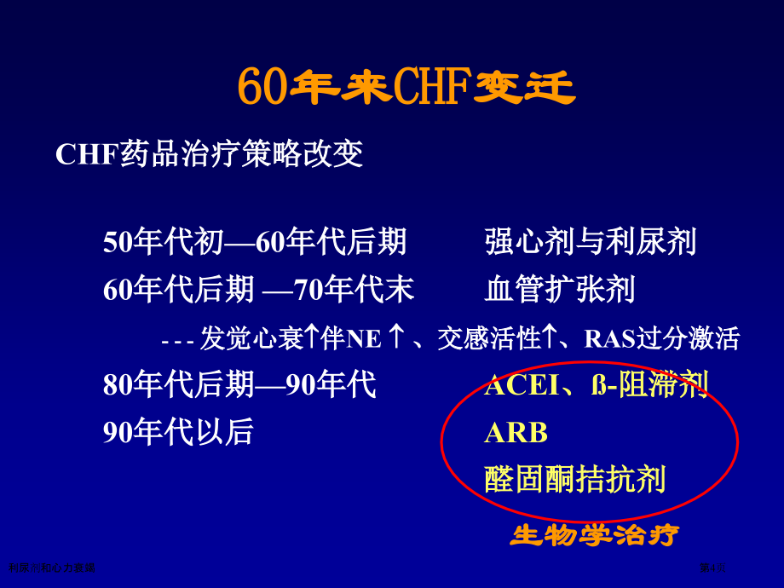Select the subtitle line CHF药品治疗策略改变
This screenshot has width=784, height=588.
pyautogui.click(x=210, y=154)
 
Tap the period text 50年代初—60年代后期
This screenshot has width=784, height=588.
pyautogui.click(x=255, y=243)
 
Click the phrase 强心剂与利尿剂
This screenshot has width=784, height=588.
pyautogui.click(x=591, y=243)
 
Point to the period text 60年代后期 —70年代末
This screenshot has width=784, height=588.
pyautogui.click(x=258, y=291)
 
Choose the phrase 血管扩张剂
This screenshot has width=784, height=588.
pyautogui.click(x=560, y=291)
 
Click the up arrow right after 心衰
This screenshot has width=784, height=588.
pyautogui.click(x=312, y=337)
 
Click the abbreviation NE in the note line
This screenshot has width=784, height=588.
pyautogui.click(x=364, y=339)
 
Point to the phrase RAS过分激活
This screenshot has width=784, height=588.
pyautogui.click(x=661, y=339)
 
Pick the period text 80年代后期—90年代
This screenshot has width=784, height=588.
pyautogui.click(x=239, y=385)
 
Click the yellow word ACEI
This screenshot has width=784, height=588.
pyautogui.click(x=522, y=385)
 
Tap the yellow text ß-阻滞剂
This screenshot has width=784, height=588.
pyautogui.click(x=649, y=385)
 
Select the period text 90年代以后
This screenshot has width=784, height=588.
pyautogui.click(x=178, y=432)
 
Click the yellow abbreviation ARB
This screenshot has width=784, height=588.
pyautogui.click(x=516, y=433)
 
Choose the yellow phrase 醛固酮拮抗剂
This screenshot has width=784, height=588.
pyautogui.click(x=575, y=480)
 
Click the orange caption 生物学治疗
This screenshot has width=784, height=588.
pyautogui.click(x=594, y=536)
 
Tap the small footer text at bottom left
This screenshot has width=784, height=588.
pyautogui.click(x=50, y=567)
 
